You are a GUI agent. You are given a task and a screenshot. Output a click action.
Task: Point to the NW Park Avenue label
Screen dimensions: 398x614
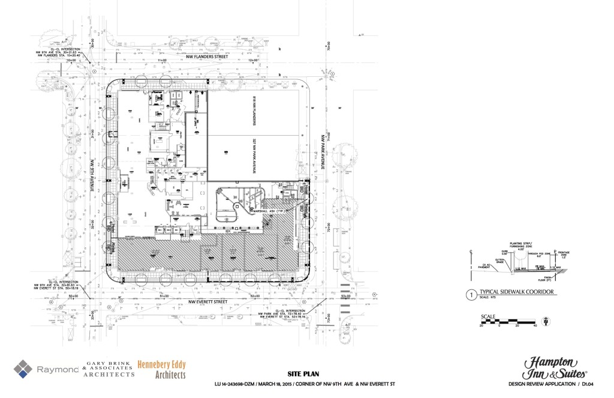pyautogui.click(x=323, y=152)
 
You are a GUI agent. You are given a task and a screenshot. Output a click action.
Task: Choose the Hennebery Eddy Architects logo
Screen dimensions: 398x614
pyautogui.click(x=161, y=370)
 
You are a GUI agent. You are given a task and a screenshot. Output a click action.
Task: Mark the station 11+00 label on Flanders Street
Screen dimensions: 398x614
pyautogui.click(x=161, y=61)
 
